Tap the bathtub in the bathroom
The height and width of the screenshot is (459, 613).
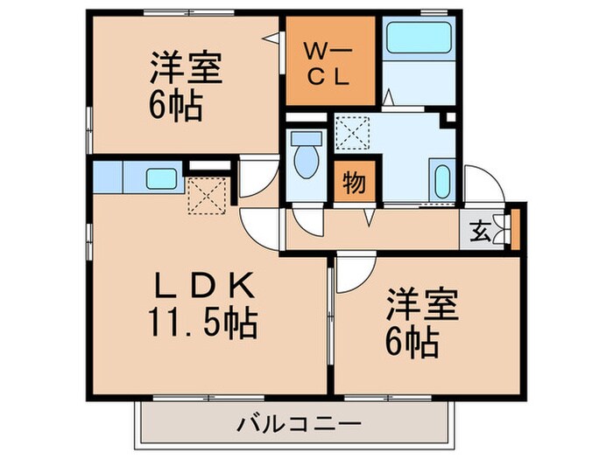coord(417,38)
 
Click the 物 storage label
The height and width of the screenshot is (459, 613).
coord(353,184)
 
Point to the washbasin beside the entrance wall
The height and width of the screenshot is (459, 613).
coord(441,182)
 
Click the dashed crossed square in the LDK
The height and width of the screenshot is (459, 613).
coord(208,194)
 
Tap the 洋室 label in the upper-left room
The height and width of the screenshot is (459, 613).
coord(185,68)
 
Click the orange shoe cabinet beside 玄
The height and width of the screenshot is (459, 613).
coord(515,226)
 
